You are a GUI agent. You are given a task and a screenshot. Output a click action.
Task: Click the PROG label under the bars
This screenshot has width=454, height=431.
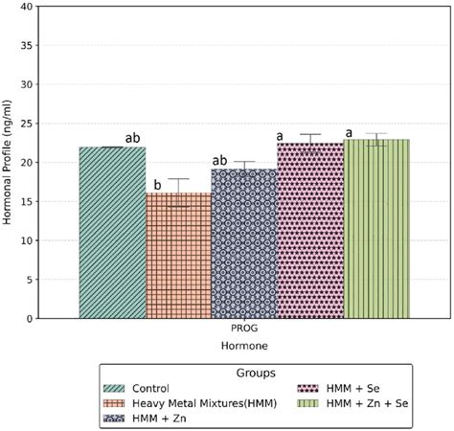244,328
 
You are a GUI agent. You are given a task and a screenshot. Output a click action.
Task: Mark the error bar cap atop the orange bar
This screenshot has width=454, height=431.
178,179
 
